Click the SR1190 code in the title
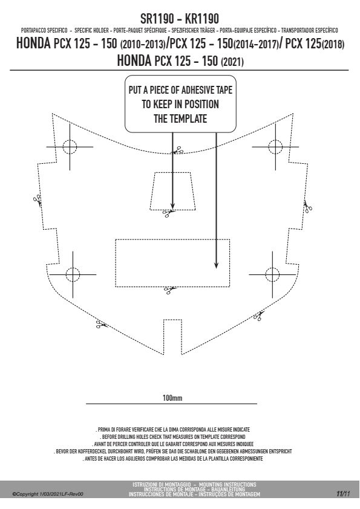157,19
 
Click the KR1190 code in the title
201,19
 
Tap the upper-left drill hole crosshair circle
70,147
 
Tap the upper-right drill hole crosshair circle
275,147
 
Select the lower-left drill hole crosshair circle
73,274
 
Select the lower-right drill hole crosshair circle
272,274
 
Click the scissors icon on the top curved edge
178,151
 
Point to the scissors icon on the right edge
308,207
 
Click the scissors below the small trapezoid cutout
168,213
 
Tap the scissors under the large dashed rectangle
169,290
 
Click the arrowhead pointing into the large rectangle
216,265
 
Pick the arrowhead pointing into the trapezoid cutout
172,206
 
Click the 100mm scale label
172,398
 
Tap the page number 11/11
343,494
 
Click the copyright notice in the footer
48,494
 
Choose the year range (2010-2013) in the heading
142,44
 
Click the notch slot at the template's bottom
172,337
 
